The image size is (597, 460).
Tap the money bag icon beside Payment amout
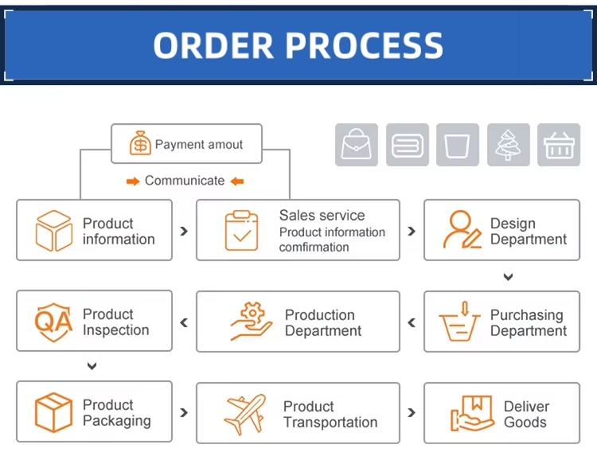140,144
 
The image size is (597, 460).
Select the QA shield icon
53,321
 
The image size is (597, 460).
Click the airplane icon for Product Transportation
244,414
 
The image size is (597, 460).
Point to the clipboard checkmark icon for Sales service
242,230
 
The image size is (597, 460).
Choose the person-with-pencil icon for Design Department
462,230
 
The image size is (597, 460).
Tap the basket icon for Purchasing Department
461,321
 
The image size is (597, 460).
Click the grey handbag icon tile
357,145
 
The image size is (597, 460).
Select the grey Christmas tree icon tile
508,145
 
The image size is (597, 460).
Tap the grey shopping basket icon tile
559,145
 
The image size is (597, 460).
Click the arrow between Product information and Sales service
184,231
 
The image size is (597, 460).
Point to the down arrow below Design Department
508,277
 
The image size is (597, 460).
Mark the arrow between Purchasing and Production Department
412,322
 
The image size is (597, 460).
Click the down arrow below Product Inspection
92,366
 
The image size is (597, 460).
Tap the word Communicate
185,181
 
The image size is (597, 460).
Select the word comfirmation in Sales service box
314,248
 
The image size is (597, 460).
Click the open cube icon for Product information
54,231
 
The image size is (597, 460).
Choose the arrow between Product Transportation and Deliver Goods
412,413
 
